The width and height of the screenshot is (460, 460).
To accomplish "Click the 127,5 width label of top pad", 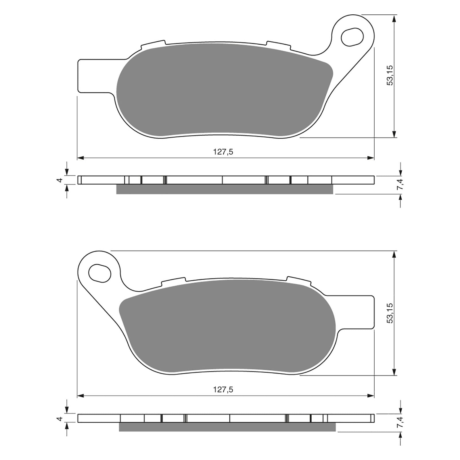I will coord(223,152).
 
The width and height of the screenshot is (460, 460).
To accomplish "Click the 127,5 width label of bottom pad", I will coord(223,390).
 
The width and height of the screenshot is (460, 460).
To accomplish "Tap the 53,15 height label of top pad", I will coord(390,75).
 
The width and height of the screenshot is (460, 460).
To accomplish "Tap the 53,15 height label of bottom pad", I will coord(390,313).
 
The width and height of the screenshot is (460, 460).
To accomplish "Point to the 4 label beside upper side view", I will coord(60,180).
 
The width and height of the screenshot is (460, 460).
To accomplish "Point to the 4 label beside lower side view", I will coord(60,418).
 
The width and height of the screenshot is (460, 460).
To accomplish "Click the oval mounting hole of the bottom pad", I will coord(100,273).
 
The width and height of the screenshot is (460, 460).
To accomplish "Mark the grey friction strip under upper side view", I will coord(224,189).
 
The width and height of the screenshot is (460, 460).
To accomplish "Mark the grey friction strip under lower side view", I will coord(227,427).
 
